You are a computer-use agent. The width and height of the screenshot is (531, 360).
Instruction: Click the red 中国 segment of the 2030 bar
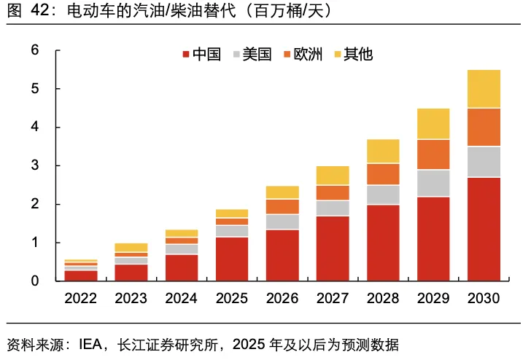484,229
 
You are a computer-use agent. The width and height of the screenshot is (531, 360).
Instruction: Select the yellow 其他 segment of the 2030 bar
484,89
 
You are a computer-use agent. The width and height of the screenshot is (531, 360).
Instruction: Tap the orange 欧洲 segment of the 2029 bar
433,154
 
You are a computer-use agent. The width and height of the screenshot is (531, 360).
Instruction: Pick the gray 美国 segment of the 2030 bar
484,162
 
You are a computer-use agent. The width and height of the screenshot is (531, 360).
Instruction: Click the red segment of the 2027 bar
332,249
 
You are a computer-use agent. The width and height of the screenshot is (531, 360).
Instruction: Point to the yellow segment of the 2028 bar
383,151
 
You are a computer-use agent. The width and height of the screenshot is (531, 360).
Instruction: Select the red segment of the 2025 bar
231,259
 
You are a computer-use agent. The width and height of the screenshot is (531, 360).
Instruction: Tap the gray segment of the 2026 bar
282,222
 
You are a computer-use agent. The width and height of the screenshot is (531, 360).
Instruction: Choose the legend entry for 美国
252,55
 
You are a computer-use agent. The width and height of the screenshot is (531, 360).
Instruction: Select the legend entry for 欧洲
302,55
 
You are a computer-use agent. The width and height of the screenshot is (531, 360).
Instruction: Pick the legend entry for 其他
352,55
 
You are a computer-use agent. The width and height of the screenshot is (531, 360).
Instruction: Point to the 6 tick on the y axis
34,50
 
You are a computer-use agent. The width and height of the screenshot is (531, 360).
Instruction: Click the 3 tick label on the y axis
34,165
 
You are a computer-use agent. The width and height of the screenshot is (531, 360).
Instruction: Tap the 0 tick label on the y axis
34,281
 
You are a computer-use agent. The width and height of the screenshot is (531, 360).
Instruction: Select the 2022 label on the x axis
80,299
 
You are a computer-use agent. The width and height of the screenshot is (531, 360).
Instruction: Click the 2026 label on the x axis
282,299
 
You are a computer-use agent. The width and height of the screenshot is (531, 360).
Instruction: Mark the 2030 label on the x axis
484,299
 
